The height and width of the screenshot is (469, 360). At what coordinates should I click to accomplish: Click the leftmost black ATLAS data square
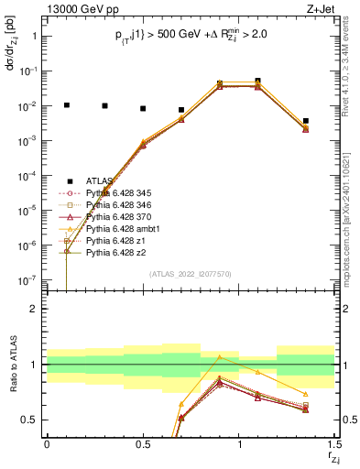coord(66,105)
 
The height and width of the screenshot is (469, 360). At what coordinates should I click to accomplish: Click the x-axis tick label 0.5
coord(143,445)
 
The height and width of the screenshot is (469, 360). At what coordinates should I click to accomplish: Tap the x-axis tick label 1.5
coord(334,445)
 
